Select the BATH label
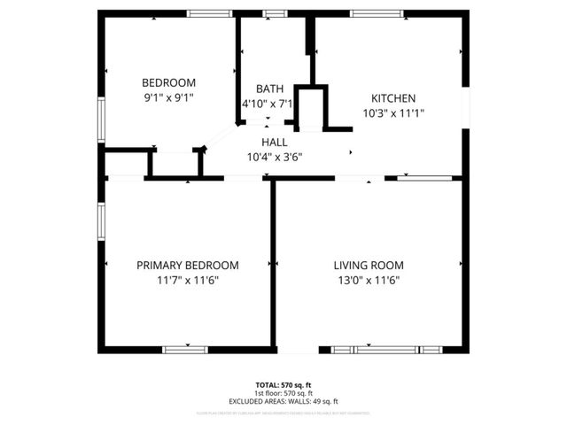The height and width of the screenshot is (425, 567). point(269,89)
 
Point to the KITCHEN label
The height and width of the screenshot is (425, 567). point(393,98)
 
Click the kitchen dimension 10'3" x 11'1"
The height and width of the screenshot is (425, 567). point(393,113)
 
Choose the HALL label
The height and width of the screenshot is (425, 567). point(275,143)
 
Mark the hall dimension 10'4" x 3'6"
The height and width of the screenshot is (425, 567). point(275,158)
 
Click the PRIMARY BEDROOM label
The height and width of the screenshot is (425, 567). point(187,265)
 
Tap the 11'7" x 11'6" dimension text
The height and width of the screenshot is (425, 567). point(187,280)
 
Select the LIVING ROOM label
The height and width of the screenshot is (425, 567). point(369,265)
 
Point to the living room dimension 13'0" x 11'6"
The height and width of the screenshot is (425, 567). point(369,280)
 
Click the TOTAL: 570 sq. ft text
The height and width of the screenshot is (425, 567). point(283,385)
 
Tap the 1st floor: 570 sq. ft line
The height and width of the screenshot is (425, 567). point(283,392)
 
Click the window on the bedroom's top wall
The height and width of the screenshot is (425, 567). point(210,13)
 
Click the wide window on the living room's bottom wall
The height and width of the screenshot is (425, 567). point(385,350)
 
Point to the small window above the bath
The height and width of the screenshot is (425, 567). point(275,13)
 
